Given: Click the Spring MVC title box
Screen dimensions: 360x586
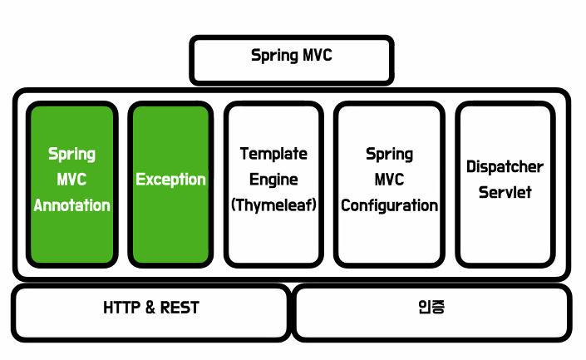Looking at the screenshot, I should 291,59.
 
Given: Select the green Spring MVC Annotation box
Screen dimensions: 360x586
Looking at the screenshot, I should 71,183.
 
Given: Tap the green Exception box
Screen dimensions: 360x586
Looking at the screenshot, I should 170,183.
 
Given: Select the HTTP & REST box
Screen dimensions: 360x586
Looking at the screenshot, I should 150,312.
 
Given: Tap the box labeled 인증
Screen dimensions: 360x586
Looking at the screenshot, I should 432,312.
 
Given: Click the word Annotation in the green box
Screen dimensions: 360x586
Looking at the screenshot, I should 71,205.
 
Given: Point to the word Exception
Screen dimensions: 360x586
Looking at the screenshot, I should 170,179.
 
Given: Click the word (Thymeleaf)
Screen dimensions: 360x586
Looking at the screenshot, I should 273,205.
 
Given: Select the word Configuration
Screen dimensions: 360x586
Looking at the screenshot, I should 389,205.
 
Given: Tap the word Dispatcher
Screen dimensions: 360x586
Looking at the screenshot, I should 505,166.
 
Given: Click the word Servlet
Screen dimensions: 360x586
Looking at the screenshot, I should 505,192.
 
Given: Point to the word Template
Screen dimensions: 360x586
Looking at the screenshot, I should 273,154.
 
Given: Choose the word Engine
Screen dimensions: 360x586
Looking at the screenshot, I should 273,180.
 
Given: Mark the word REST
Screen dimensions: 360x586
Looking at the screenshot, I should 180,308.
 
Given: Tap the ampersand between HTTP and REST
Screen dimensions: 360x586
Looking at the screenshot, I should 150,308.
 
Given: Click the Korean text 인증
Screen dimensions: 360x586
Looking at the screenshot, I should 432,307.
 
